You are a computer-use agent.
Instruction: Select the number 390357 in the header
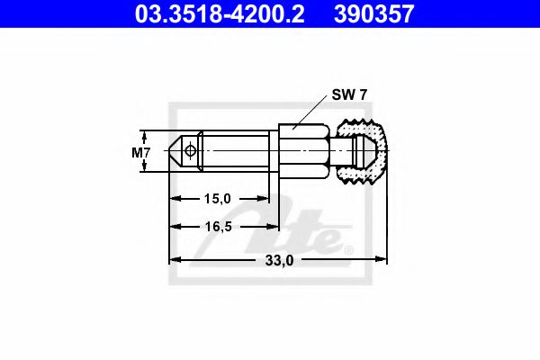(x=387, y=13)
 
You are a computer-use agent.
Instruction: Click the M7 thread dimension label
(x=140, y=152)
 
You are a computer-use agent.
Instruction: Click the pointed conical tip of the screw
(x=175, y=152)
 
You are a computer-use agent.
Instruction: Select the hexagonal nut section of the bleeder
(x=297, y=152)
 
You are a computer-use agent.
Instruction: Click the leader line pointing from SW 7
(x=310, y=112)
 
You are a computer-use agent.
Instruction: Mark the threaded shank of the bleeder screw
(x=234, y=152)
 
